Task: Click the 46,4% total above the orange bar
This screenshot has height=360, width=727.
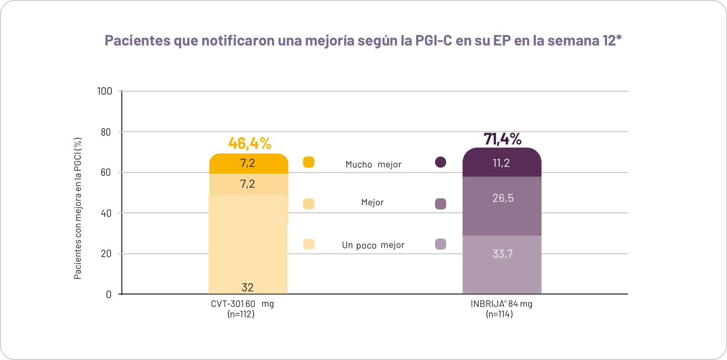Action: pyautogui.click(x=250, y=143)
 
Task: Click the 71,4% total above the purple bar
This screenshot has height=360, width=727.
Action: pyautogui.click(x=502, y=139)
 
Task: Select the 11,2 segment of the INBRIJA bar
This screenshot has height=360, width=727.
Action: pyautogui.click(x=501, y=163)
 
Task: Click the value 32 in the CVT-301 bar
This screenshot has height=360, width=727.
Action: pyautogui.click(x=247, y=287)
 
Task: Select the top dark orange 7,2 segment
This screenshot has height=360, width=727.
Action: pyautogui.click(x=248, y=163)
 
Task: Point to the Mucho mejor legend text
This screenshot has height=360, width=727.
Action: pyautogui.click(x=373, y=164)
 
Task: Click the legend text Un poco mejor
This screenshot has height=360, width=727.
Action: pyautogui.click(x=373, y=245)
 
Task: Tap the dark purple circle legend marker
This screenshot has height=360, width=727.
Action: pyautogui.click(x=440, y=162)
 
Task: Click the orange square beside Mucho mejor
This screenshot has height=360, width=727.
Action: pyautogui.click(x=308, y=162)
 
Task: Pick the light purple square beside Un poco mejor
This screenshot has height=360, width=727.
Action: pyautogui.click(x=440, y=244)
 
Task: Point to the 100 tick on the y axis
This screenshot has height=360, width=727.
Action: pyautogui.click(x=104, y=91)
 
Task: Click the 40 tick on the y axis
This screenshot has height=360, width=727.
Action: pyautogui.click(x=106, y=213)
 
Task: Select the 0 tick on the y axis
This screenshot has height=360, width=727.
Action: pyautogui.click(x=108, y=295)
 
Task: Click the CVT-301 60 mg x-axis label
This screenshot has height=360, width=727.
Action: pyautogui.click(x=242, y=304)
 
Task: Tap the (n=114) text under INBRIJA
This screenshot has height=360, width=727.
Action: pyautogui.click(x=499, y=314)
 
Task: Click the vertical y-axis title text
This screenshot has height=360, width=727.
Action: pyautogui.click(x=77, y=209)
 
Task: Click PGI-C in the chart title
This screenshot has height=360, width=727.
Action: pyautogui.click(x=433, y=40)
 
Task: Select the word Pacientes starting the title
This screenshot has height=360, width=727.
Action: pyautogui.click(x=137, y=40)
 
